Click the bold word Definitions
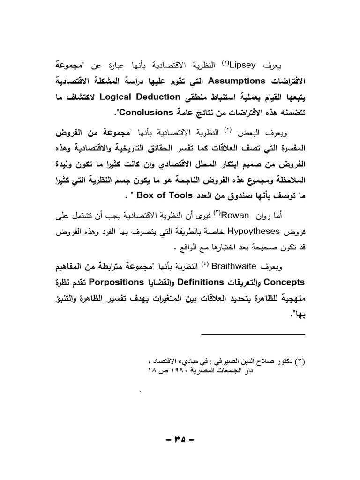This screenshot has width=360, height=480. [204, 283]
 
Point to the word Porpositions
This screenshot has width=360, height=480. [115, 283]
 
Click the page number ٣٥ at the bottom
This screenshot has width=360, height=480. [180, 441]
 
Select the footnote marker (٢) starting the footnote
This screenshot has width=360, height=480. [300, 363]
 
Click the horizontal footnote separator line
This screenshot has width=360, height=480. [253, 334]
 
